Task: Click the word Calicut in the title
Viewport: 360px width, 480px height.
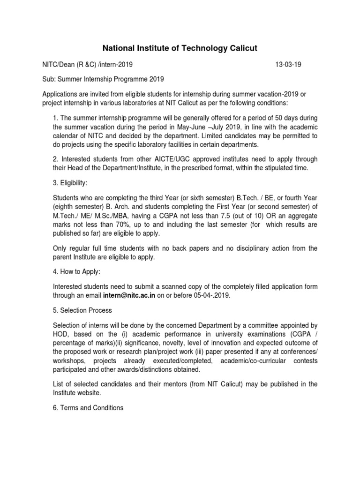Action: click(238, 48)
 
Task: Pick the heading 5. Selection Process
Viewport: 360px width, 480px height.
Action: click(82, 311)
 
